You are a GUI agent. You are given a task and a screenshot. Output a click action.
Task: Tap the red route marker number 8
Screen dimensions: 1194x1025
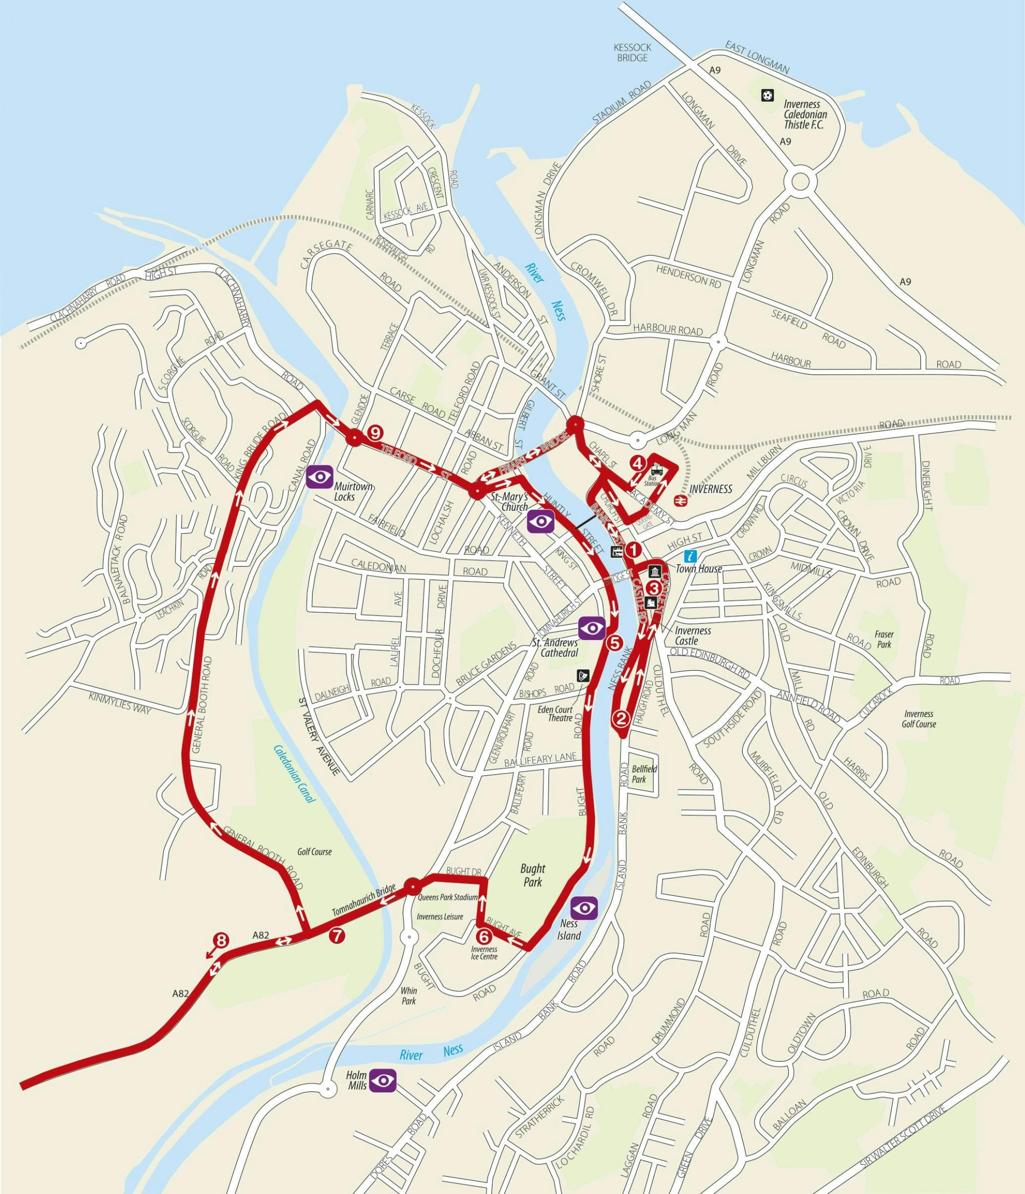tap(221, 940)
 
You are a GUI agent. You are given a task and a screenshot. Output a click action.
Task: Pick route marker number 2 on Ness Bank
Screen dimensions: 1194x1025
tap(621, 718)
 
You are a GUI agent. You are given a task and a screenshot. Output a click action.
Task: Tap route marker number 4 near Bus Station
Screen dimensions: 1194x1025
tap(637, 463)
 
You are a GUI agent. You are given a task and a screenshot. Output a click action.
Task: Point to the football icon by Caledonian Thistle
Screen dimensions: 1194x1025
tap(766, 94)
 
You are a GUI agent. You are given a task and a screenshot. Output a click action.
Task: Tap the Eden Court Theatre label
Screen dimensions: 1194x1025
tap(558, 713)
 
